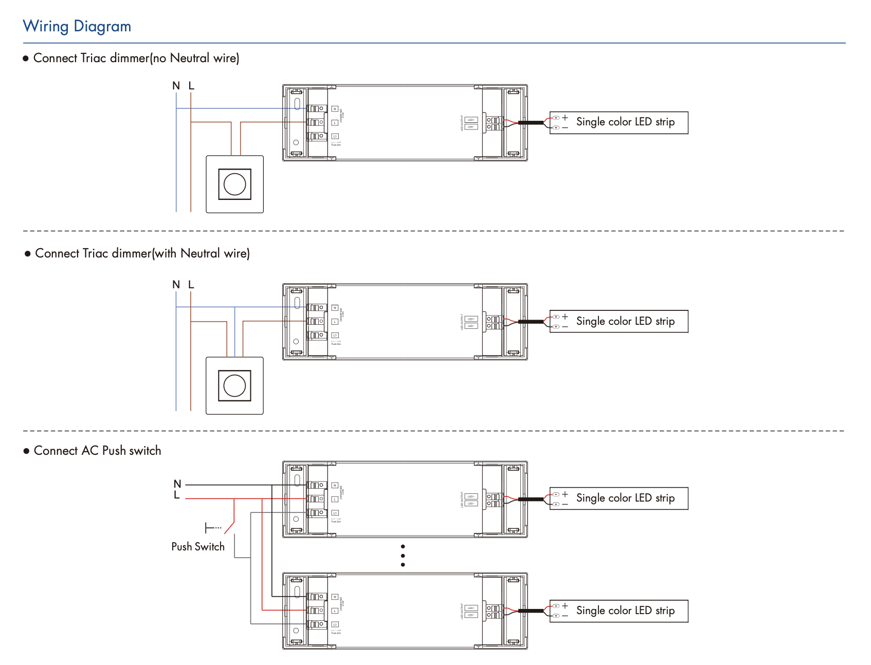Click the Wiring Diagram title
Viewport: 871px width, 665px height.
pos(77,26)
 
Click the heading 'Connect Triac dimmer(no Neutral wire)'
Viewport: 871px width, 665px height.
pos(136,58)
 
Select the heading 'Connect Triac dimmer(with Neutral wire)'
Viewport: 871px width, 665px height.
pos(142,253)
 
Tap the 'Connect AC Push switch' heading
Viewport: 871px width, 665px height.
pos(97,451)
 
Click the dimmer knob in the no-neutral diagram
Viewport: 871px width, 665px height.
pos(234,184)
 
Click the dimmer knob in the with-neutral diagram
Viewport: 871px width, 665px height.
pos(234,385)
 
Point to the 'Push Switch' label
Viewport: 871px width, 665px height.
pos(198,547)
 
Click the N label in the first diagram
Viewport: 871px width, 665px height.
pos(176,86)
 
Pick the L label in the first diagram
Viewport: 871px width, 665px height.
pos(191,86)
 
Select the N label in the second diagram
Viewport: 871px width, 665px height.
pos(176,285)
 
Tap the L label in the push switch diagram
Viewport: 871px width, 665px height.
pos(177,495)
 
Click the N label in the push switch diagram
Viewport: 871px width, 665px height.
pos(177,484)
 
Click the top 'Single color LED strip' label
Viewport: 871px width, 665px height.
pos(625,122)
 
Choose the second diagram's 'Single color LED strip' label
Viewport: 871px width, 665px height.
pos(625,321)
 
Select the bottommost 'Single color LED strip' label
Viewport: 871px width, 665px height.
pos(625,611)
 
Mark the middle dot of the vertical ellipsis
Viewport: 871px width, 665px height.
pos(403,556)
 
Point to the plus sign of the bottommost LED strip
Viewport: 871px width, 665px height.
pos(565,606)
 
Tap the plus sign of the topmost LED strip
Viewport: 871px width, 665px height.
pos(565,118)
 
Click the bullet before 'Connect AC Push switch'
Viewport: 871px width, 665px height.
pos(27,451)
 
